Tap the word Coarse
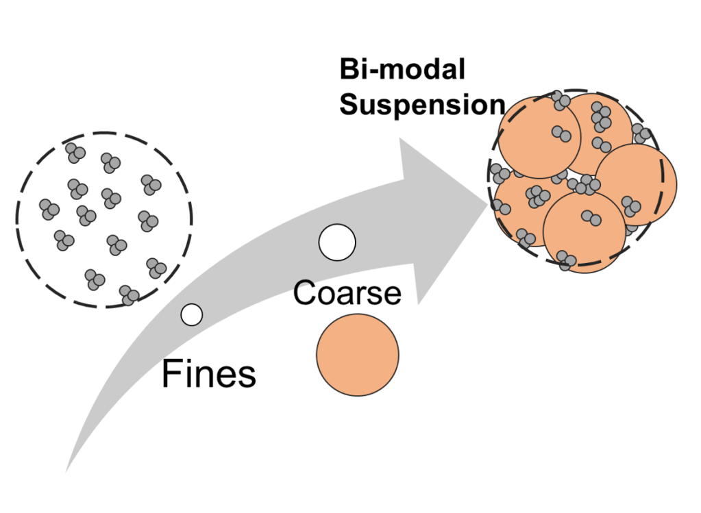[x=347, y=292]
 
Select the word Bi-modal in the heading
[x=402, y=70]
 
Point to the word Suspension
[x=422, y=104]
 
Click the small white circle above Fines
[x=192, y=314]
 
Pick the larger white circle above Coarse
[x=337, y=242]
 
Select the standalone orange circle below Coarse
[x=357, y=353]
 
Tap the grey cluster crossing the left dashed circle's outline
[x=129, y=295]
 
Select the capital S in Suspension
[x=349, y=105]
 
